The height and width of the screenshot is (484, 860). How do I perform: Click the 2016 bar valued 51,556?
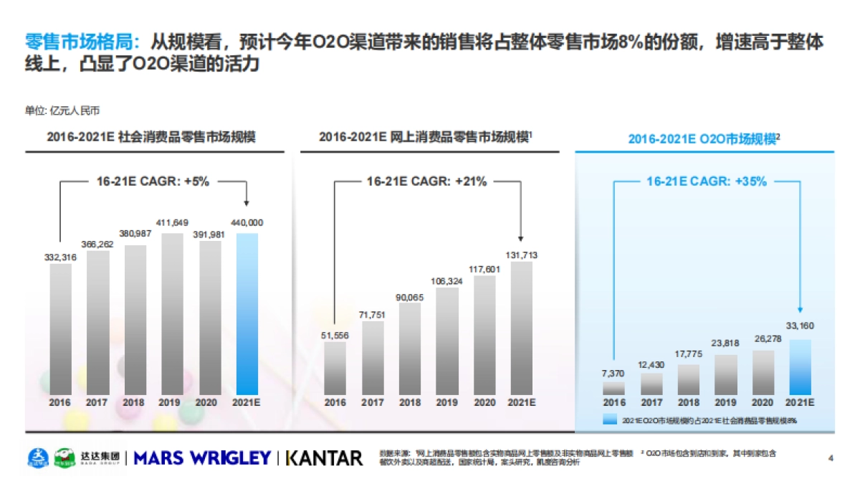coord(335,368)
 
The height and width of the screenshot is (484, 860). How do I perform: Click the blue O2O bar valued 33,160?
coord(801,366)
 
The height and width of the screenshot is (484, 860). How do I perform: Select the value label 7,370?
coord(614,374)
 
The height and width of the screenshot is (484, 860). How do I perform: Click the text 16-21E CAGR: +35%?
coord(706,182)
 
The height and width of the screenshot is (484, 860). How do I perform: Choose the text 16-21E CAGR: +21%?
coord(426,182)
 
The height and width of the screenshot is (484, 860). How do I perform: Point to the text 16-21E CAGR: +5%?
coord(153,182)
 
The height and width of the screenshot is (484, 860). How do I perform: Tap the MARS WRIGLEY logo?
coord(203,458)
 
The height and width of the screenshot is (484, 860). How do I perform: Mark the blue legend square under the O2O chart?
coord(610,420)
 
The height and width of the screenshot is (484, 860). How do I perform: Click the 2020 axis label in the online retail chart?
coord(484,402)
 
